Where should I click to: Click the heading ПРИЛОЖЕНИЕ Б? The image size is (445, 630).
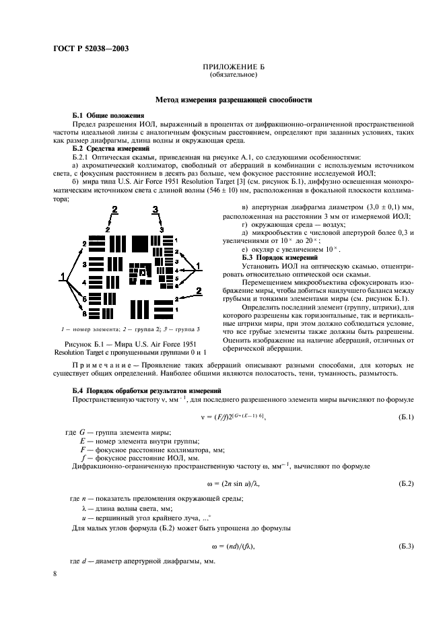234,67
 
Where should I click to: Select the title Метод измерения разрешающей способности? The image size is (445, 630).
234,100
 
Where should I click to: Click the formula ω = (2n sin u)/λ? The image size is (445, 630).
234,483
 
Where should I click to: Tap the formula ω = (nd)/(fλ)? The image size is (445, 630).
234,545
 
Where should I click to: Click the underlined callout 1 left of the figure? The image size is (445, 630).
63,277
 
